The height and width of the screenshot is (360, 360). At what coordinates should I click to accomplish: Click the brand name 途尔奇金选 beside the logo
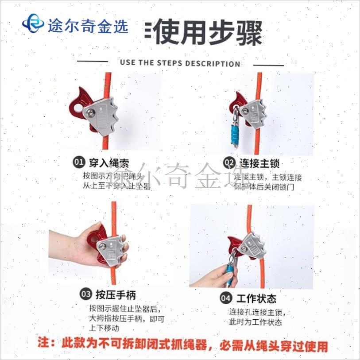[x=87, y=25]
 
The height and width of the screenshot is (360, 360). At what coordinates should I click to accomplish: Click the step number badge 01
[x=78, y=163]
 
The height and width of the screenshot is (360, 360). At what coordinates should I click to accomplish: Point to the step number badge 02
[x=229, y=163]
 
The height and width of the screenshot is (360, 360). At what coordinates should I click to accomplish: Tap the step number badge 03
[x=86, y=294]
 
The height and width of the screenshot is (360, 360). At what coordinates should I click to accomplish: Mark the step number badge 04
[x=225, y=298]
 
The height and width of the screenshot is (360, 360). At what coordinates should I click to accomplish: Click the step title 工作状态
[x=256, y=298]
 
